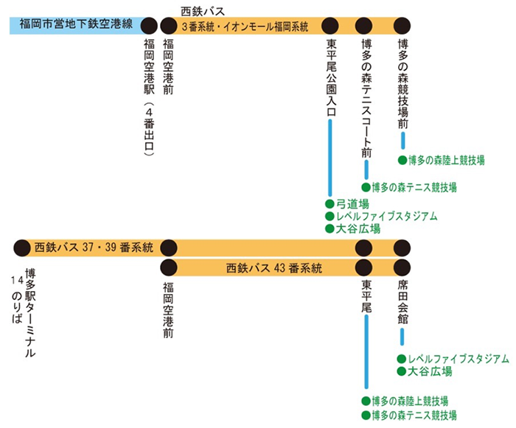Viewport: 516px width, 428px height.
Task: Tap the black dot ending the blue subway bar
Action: click(x=149, y=24)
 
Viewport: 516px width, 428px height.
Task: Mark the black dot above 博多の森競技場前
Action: click(x=402, y=24)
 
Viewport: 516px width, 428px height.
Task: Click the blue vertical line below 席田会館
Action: click(x=402, y=337)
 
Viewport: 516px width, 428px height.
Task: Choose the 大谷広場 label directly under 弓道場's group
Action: click(x=358, y=229)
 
